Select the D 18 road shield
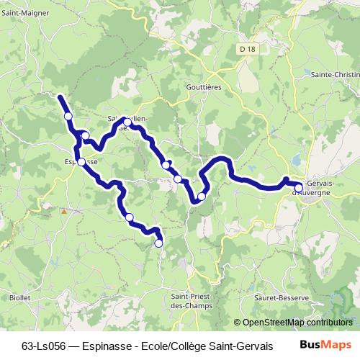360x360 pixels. click(248, 49)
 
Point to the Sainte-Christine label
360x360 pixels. click(336, 74)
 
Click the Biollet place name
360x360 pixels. click(19, 297)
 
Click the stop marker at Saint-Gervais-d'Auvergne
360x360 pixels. click(299, 189)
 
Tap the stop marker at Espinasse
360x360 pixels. click(81, 162)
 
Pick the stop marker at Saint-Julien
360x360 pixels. click(127, 122)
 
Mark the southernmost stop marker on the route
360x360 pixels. click(158, 243)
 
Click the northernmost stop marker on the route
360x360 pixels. click(68, 116)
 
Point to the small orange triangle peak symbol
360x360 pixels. click(63, 211)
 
